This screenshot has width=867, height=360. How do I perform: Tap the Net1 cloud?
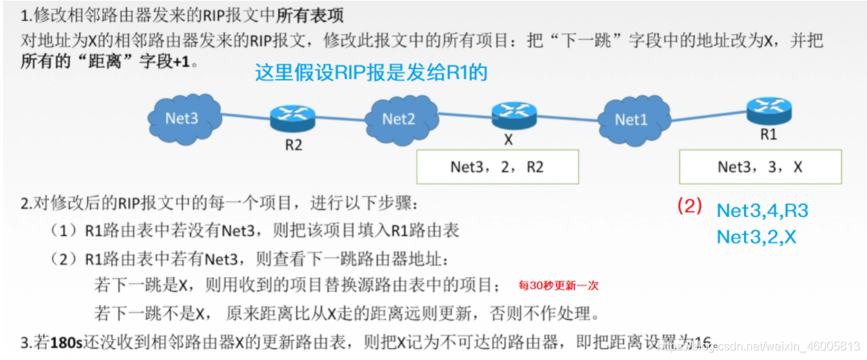tap(631, 119)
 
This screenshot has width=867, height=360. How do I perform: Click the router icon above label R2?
tap(291, 116)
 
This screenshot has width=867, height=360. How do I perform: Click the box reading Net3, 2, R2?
tap(497, 166)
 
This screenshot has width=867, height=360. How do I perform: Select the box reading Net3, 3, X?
tap(760, 166)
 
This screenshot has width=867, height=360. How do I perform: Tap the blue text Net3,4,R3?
tap(762, 211)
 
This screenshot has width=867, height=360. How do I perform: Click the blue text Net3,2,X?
tap(756, 237)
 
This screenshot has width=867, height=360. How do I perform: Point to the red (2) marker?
tap(690, 206)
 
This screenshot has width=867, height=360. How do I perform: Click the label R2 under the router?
tap(294, 145)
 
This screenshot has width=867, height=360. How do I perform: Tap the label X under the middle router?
tap(509, 139)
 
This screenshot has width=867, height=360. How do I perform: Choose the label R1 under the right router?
tap(769, 136)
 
